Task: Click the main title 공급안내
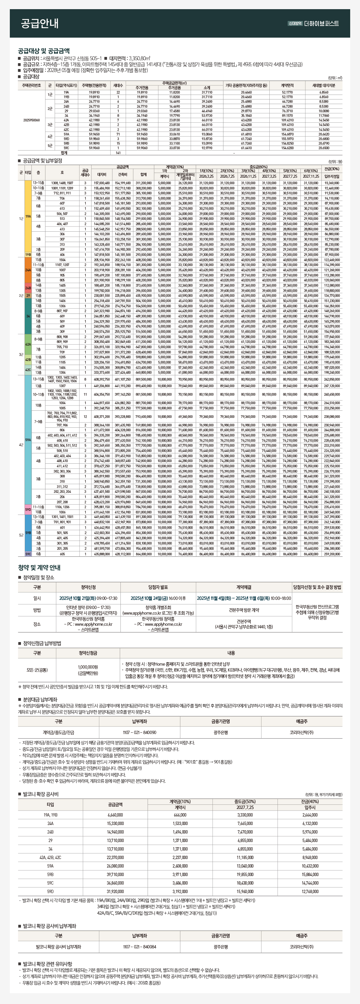click(39, 23)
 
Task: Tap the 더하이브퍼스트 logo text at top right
click(321, 23)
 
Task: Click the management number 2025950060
click(31, 120)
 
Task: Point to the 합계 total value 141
click(118, 153)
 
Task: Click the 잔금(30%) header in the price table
click(332, 169)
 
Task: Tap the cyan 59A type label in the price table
click(28, 439)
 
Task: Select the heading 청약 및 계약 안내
click(39, 567)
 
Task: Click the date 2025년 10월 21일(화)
click(77, 598)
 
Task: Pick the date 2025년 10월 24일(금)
click(148, 598)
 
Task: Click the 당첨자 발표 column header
click(158, 587)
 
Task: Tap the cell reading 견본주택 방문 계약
click(244, 610)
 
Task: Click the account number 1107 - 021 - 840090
click(139, 732)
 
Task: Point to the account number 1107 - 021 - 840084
click(139, 947)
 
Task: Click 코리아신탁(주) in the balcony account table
click(301, 947)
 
